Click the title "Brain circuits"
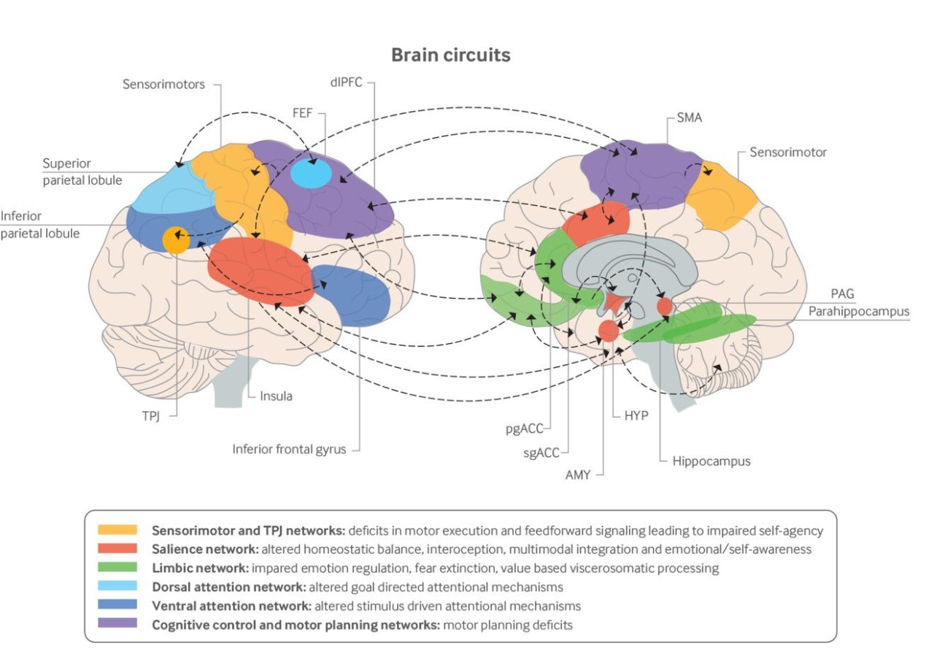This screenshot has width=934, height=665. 450,55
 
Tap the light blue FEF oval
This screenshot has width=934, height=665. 310,173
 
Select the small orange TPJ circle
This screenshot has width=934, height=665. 175,240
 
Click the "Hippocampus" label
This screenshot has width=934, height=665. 711,461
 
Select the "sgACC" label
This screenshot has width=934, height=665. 543,453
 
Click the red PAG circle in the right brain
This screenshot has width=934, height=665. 664,306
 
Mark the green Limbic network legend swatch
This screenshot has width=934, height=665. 117,567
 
